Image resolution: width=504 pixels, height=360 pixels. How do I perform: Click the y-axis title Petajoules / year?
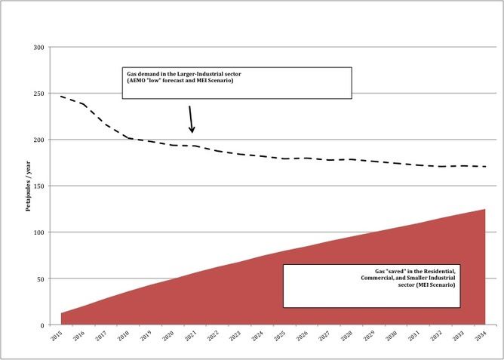click(28, 186)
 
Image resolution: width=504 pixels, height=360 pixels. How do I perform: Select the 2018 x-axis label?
click(124, 335)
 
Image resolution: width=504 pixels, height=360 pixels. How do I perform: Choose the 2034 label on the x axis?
click(480, 335)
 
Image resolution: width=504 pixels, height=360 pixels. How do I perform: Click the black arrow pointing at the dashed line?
click(191, 118)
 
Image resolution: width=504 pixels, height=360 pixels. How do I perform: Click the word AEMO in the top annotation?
click(140, 81)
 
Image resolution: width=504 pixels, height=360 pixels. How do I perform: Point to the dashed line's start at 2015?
click(62, 97)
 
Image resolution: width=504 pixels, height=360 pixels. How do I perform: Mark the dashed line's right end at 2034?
click(484, 166)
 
